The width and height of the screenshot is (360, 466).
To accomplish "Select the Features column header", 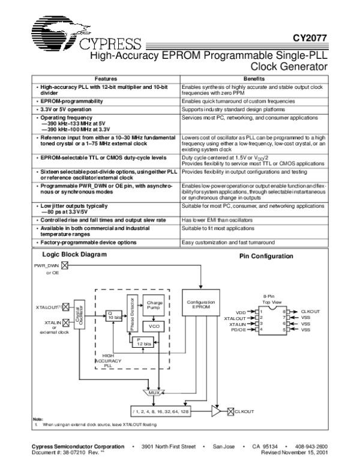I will click(106, 79).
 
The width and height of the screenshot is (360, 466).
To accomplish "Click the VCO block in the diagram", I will click(154, 326).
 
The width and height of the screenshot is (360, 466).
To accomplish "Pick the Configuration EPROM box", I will click(197, 304).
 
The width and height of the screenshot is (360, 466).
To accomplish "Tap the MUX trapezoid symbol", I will click(154, 393).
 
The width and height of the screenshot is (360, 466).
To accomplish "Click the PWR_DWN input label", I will click(46, 264).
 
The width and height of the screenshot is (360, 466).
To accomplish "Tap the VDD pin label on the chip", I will click(241, 312).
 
